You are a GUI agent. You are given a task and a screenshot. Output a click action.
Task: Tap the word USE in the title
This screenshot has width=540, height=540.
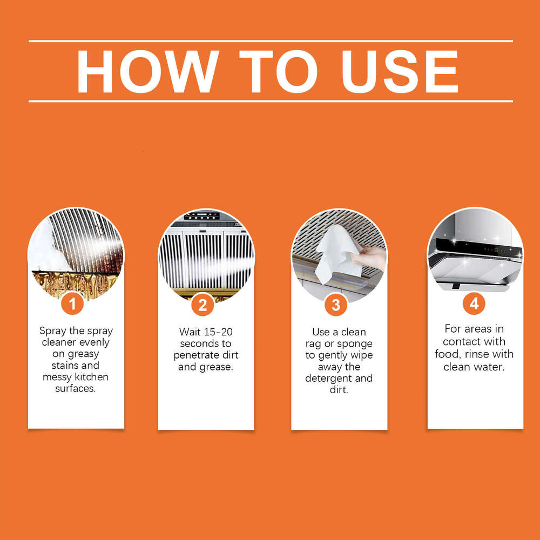400,72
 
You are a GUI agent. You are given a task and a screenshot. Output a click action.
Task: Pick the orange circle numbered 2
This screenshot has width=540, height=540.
202,305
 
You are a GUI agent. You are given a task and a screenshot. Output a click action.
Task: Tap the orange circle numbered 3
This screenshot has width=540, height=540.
336,305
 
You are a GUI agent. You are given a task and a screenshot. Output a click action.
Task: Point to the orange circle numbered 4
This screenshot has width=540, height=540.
474,304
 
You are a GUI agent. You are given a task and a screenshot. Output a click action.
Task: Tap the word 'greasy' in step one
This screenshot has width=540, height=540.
83,354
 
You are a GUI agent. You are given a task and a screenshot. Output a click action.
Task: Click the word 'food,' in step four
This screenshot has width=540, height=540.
447,354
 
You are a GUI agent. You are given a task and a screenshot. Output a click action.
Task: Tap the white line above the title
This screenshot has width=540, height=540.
270,41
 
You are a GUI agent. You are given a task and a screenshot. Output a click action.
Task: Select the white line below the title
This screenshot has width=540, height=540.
270,101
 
